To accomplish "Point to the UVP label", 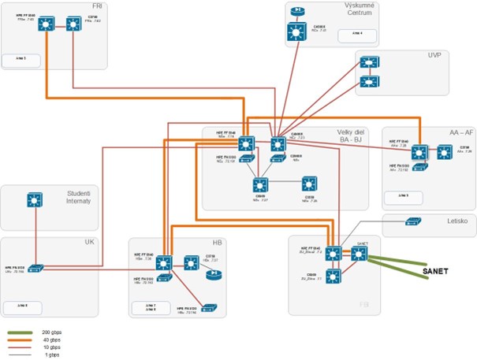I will [434, 56].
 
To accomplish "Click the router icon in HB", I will [212, 276].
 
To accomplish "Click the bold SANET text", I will [434, 271].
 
